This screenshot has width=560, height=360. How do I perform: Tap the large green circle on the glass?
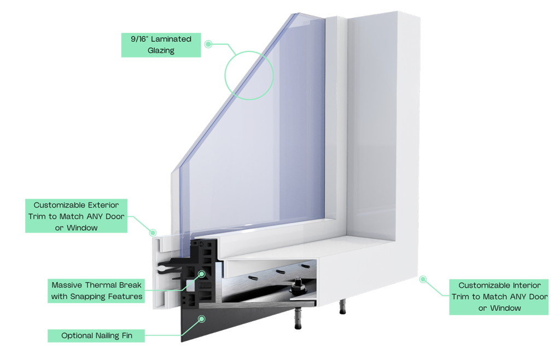coord(249,75)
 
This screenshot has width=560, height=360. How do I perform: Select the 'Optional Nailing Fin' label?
coord(97,335)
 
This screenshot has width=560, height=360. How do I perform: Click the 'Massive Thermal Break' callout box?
coord(97,291)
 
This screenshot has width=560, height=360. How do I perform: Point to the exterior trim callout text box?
coord(77,216)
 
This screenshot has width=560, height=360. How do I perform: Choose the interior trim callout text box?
coord(499,297)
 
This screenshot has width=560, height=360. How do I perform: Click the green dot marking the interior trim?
coord(423,279)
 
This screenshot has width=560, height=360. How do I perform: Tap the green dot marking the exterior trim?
coord(153,233)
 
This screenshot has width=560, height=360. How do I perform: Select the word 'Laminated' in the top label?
coord(172,39)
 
